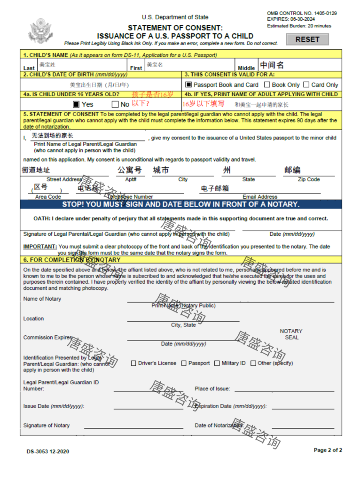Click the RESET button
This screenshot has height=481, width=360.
click(307, 39)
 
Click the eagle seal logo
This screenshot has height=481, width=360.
click(41, 31)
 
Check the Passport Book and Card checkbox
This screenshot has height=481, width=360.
click(188, 85)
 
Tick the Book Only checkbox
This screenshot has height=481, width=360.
click(267, 85)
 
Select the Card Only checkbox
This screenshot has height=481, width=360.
click(306, 85)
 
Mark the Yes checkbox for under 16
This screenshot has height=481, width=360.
click(76, 104)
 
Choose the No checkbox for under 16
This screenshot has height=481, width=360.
click(115, 104)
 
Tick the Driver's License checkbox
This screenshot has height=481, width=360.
click(133, 363)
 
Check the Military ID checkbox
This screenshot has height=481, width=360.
click(217, 363)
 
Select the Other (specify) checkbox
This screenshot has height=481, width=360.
click(253, 363)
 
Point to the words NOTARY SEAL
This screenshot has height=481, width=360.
click(291, 334)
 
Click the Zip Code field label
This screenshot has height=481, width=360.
click(309, 179)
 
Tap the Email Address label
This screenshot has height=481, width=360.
click(260, 197)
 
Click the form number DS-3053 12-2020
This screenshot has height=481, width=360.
click(48, 451)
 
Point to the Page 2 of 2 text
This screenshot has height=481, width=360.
click(328, 450)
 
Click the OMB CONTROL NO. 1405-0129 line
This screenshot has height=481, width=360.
click(302, 14)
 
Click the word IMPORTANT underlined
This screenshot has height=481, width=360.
click(40, 247)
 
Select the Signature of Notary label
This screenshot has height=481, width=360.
click(47, 426)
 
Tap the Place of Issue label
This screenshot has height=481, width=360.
click(212, 389)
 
